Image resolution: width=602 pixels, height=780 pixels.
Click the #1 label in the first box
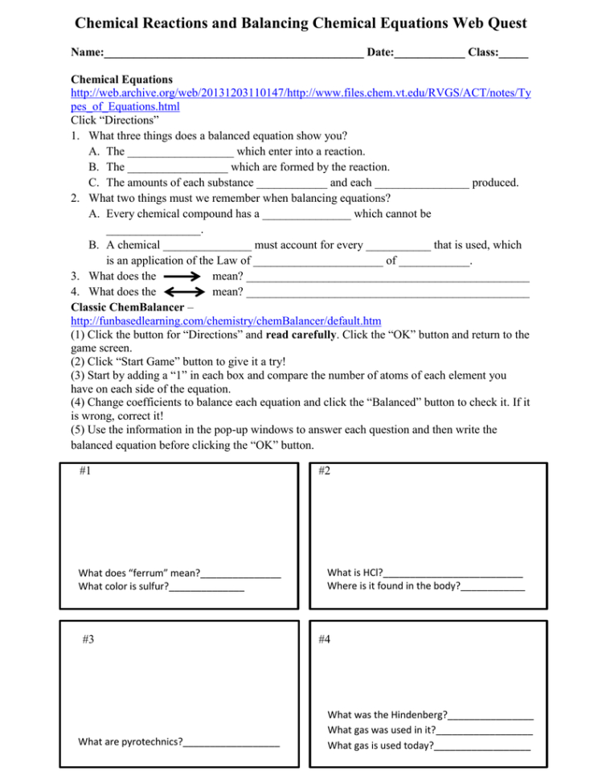coord(85,472)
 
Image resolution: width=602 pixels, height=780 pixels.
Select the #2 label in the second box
coord(323,472)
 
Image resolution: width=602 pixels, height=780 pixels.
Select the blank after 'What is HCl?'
coord(453,573)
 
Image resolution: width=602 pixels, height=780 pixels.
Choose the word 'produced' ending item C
coord(495,183)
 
